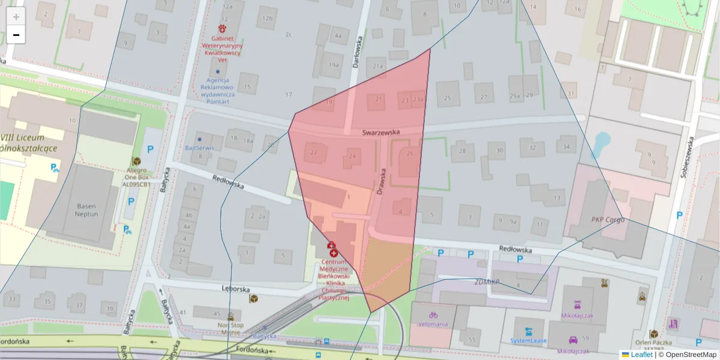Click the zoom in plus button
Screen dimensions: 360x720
(x=16, y=17)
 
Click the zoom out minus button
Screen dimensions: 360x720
(x=16, y=35)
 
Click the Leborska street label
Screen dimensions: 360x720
(x=235, y=289)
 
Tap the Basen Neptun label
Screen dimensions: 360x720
(x=86, y=209)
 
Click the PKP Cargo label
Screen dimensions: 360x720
(x=608, y=220)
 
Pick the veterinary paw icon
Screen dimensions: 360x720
(x=223, y=28)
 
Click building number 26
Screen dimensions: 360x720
(x=410, y=154)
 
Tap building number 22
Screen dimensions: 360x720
(x=314, y=152)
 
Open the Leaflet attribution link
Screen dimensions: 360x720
(x=642, y=355)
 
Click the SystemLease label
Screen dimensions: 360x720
(x=529, y=340)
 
